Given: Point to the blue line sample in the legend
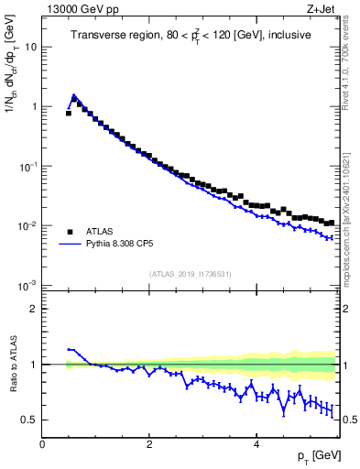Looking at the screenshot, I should pos(70,245).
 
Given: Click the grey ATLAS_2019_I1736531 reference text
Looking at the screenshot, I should pos(191,274).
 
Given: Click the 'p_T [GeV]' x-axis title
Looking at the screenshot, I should pos(314,456).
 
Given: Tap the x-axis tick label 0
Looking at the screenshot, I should pos(42,444).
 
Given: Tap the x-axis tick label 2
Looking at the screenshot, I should pos(149,444).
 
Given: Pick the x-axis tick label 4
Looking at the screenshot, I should pos(256,444).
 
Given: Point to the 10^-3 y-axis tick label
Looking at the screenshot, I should pos(27,286).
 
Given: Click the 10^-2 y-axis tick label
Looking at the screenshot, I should pos(27,226).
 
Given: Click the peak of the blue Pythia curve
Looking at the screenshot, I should pos(74,94).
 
